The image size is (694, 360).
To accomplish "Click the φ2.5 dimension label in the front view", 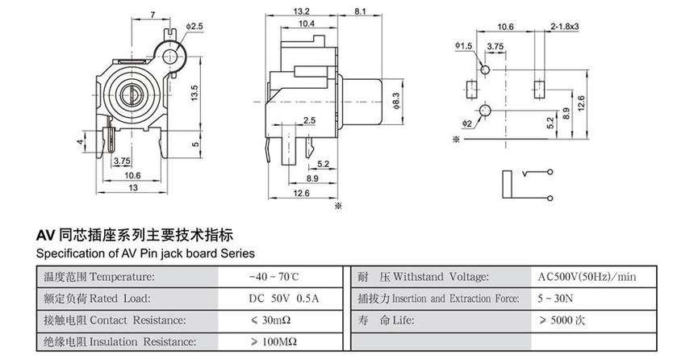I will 196,27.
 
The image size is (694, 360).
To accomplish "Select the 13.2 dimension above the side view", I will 302,12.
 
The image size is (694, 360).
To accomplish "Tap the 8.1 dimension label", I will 361,12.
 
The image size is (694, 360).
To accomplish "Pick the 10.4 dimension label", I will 307,25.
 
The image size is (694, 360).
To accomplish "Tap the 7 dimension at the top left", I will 153,15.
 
